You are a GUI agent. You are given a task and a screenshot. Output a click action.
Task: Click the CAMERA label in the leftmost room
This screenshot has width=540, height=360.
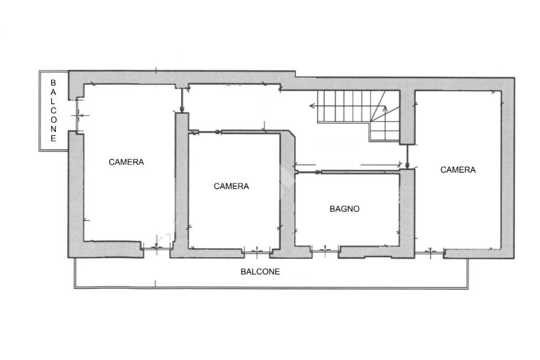pyautogui.click(x=126, y=162)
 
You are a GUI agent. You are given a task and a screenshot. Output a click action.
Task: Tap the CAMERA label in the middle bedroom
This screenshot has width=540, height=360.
pyautogui.click(x=231, y=186)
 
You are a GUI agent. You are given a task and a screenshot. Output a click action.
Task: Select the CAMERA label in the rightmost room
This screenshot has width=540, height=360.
pyautogui.click(x=458, y=170)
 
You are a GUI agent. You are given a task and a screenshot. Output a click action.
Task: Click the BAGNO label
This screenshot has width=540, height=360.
pyautogui.click(x=344, y=209)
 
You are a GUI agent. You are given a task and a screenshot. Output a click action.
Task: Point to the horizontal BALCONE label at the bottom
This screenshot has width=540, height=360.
pyautogui.click(x=260, y=272)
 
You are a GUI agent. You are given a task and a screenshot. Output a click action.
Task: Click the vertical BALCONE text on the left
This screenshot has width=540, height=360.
pyautogui.click(x=53, y=111)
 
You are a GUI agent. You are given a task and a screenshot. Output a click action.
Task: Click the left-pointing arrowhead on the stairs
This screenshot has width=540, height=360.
pyautogui.click(x=312, y=106)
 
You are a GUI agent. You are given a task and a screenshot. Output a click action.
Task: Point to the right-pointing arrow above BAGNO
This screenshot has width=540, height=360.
pyautogui.click(x=317, y=172)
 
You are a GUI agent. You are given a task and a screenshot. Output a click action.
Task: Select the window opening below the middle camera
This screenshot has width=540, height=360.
pyautogui.click(x=257, y=251)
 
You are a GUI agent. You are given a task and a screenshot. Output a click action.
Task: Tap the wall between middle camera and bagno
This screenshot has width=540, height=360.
pyautogui.click(x=288, y=200)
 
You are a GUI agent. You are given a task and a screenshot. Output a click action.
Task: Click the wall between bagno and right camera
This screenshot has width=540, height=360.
pyautogui.click(x=407, y=211)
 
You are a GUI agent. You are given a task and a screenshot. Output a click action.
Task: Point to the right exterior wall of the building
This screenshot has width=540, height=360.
pyautogui.click(x=507, y=169)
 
